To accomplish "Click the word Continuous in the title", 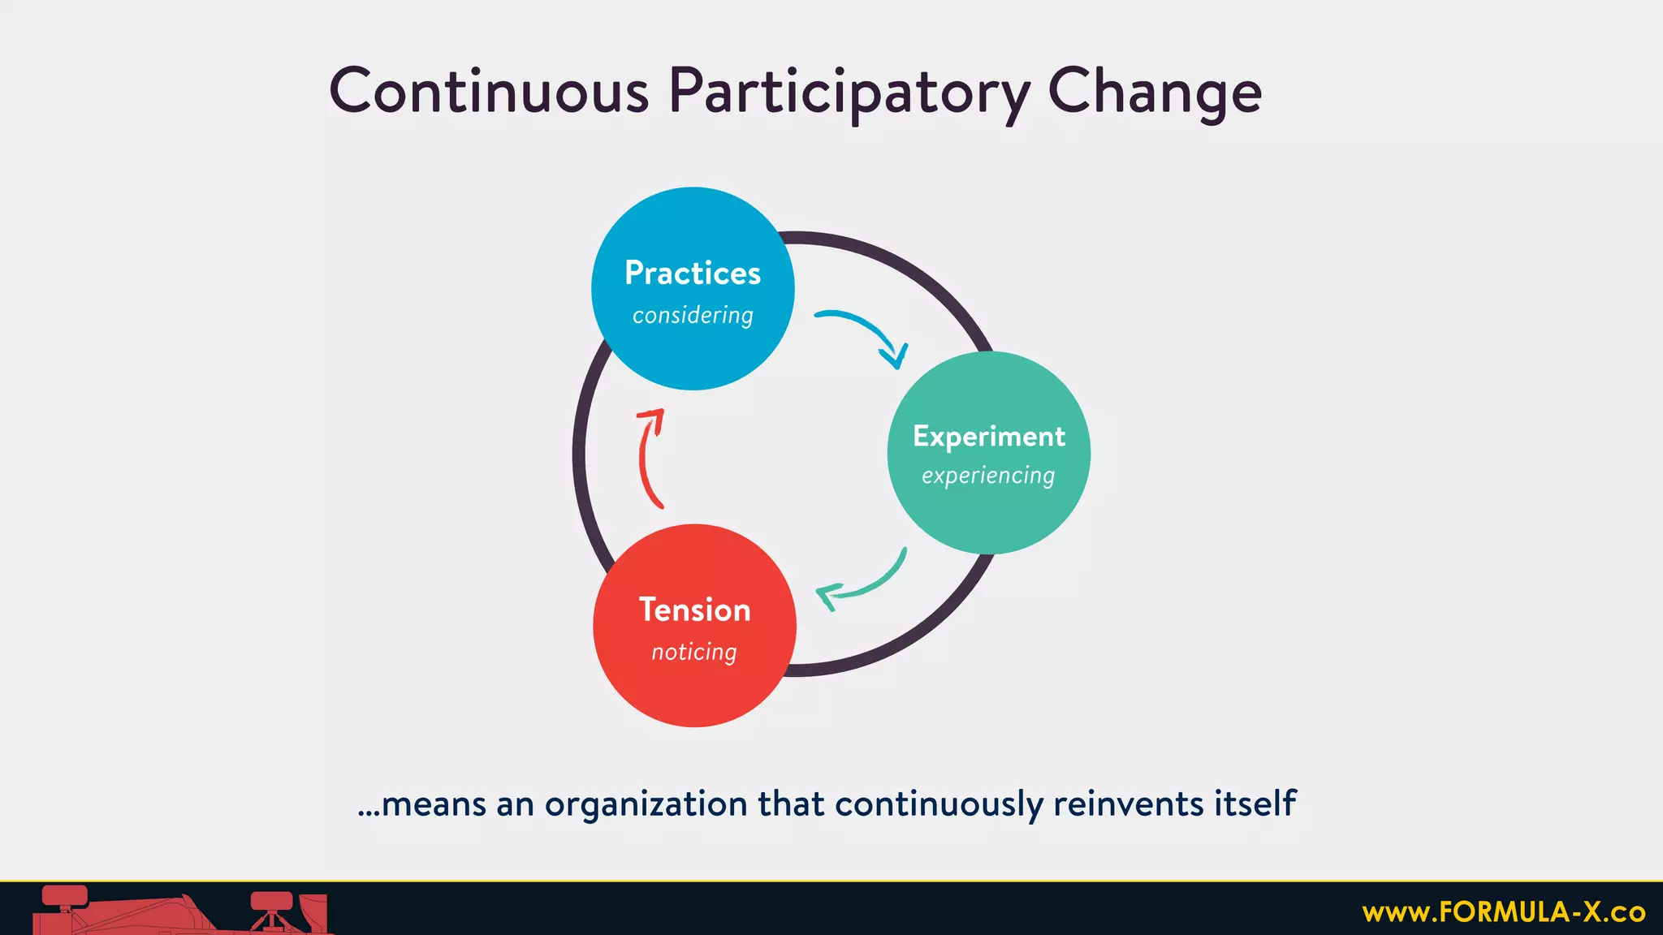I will [489, 91].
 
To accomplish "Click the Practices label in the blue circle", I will [693, 273].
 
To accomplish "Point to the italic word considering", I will [693, 315].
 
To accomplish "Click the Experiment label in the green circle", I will [988, 437].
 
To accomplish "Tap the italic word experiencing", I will [988, 476].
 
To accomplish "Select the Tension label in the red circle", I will [694, 610].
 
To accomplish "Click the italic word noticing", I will [694, 652].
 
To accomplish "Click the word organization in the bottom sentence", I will [646, 804].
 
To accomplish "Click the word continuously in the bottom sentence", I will [938, 804].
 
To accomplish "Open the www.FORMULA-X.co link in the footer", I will [1503, 912].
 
